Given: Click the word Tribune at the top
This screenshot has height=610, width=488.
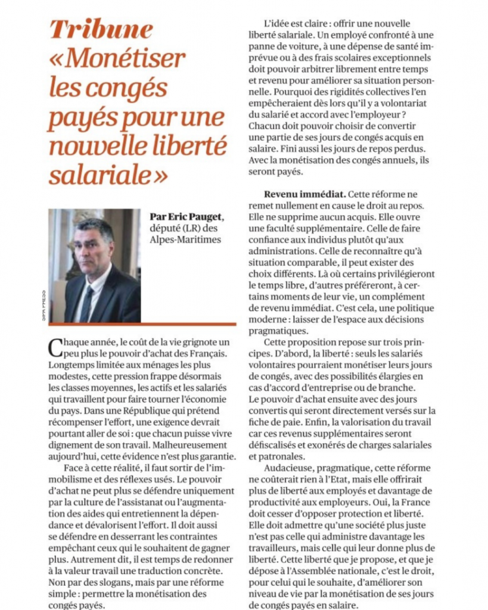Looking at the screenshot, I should [x=101, y=29].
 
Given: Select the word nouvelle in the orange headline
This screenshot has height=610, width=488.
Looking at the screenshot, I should [x=95, y=145].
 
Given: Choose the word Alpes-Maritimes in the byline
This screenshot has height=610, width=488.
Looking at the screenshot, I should [x=186, y=239].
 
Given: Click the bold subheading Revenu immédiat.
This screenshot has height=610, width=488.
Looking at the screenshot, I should [x=303, y=194].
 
